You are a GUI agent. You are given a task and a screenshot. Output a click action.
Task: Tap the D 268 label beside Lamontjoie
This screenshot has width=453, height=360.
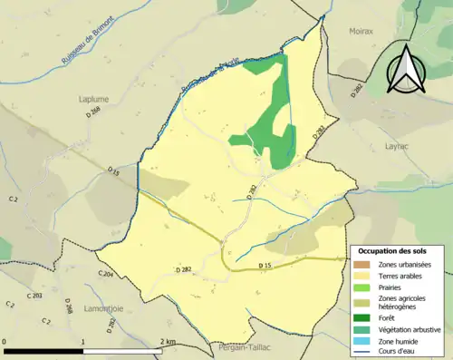click(x=68, y=308)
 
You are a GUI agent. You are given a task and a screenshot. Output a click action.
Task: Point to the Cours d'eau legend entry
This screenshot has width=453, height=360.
click(x=398, y=352)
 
